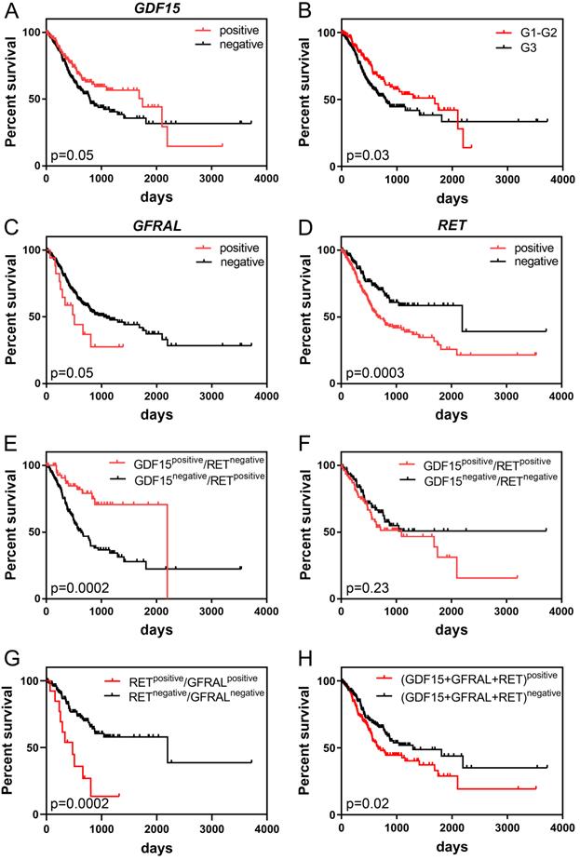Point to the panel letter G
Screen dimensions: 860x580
[8, 659]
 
